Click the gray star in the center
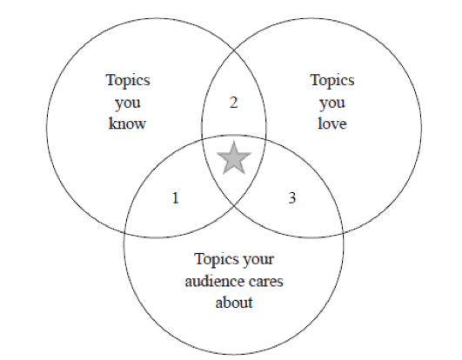click(x=234, y=158)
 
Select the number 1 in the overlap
click(x=175, y=197)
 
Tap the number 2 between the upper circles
click(x=234, y=103)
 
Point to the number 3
click(x=291, y=197)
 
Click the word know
click(x=127, y=123)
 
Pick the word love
click(x=332, y=123)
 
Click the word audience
click(x=214, y=281)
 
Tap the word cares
click(x=265, y=283)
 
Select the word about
click(x=234, y=303)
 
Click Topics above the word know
click(x=128, y=80)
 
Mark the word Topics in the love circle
click(x=332, y=80)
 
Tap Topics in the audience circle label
click(x=217, y=259)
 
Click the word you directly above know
click(x=128, y=103)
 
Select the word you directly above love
click(x=332, y=103)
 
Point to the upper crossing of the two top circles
click(x=234, y=50)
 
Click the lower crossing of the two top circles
click(x=234, y=205)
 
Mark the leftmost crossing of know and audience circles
click(x=125, y=233)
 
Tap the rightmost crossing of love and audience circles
click(x=343, y=233)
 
